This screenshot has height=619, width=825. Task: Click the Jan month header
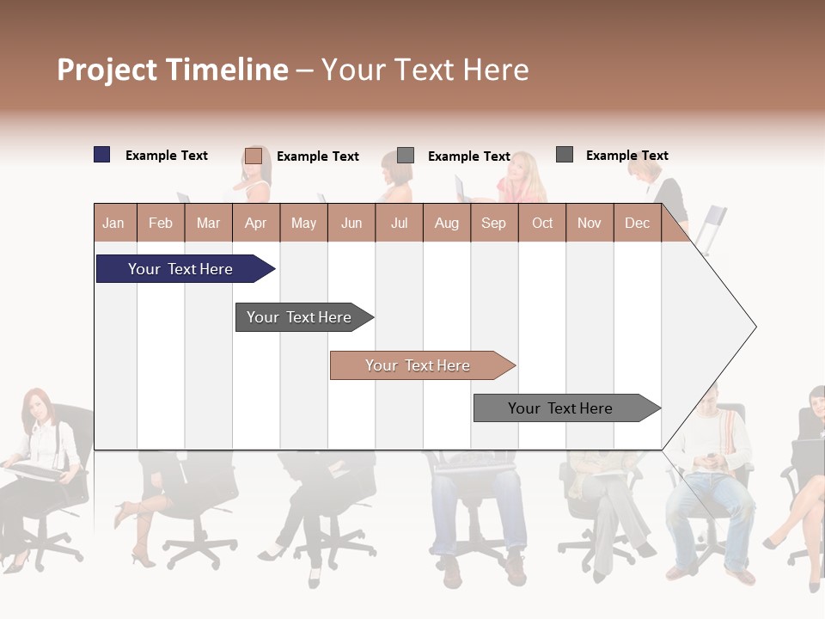click(113, 223)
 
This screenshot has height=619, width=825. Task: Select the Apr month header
click(256, 223)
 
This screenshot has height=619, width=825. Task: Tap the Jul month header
click(399, 223)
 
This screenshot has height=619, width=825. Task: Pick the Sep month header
click(493, 223)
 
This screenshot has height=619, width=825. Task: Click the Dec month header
click(637, 223)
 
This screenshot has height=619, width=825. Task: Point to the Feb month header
click(161, 223)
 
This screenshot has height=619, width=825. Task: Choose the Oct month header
click(542, 223)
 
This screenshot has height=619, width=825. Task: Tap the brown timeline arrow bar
click(419, 365)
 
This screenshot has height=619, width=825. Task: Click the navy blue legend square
click(102, 155)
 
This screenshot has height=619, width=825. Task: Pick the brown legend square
click(254, 156)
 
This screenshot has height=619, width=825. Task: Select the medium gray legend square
click(406, 156)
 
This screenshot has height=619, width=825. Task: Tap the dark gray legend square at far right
click(565, 155)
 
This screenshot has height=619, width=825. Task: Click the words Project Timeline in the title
click(173, 70)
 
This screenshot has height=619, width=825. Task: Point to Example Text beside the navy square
click(167, 156)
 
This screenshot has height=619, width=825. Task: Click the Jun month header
click(351, 223)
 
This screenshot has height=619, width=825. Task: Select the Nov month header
click(590, 223)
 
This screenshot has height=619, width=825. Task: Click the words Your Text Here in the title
click(425, 70)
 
